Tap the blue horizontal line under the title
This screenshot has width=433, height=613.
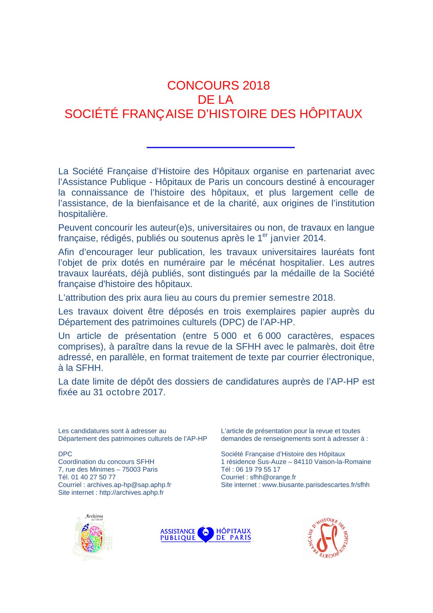click(x=220, y=147)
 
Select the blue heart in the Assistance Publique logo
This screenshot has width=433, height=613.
click(x=205, y=534)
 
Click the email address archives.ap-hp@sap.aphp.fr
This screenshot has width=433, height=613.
click(x=129, y=485)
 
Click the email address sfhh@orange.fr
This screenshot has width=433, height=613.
click(x=273, y=477)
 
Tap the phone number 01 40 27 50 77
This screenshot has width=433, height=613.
click(x=93, y=477)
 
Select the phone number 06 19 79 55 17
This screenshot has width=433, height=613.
click(x=258, y=469)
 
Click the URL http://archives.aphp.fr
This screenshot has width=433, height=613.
click(x=131, y=492)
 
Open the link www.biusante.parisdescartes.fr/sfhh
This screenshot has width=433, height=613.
click(x=316, y=485)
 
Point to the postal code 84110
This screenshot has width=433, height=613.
click(x=303, y=462)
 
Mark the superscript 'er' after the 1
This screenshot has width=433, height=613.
click(x=265, y=235)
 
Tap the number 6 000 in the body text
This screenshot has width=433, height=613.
click(x=269, y=336)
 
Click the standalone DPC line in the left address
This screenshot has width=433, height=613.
click(x=65, y=454)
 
